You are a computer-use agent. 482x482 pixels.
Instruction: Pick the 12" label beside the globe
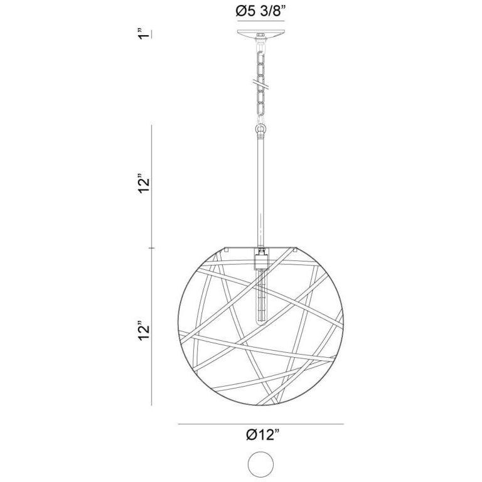click(145, 333)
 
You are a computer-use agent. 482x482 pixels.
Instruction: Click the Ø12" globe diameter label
click(262, 436)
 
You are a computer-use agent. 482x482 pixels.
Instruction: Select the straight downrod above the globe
click(260, 188)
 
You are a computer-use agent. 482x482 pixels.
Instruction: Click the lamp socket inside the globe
click(260, 259)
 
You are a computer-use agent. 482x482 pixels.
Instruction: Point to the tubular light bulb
click(260, 295)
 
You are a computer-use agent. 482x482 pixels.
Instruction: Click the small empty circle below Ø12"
click(261, 465)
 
